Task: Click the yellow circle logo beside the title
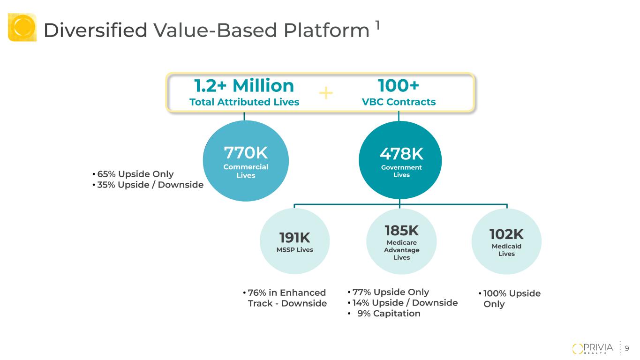[x=22, y=27]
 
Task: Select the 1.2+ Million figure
[x=244, y=86]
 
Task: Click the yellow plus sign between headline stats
[x=325, y=94]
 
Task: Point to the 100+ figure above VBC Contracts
[x=399, y=86]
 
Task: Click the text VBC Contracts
[x=399, y=102]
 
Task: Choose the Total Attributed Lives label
[x=244, y=102]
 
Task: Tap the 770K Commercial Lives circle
[x=246, y=161]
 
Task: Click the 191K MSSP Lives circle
[x=294, y=241]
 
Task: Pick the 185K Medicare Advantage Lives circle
[x=401, y=241]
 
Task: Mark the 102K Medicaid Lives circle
[x=506, y=241]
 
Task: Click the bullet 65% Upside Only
[x=133, y=174]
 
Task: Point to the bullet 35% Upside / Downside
[x=148, y=185]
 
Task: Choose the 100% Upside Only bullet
[x=510, y=299]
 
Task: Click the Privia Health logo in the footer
[x=593, y=348]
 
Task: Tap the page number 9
[x=627, y=348]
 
